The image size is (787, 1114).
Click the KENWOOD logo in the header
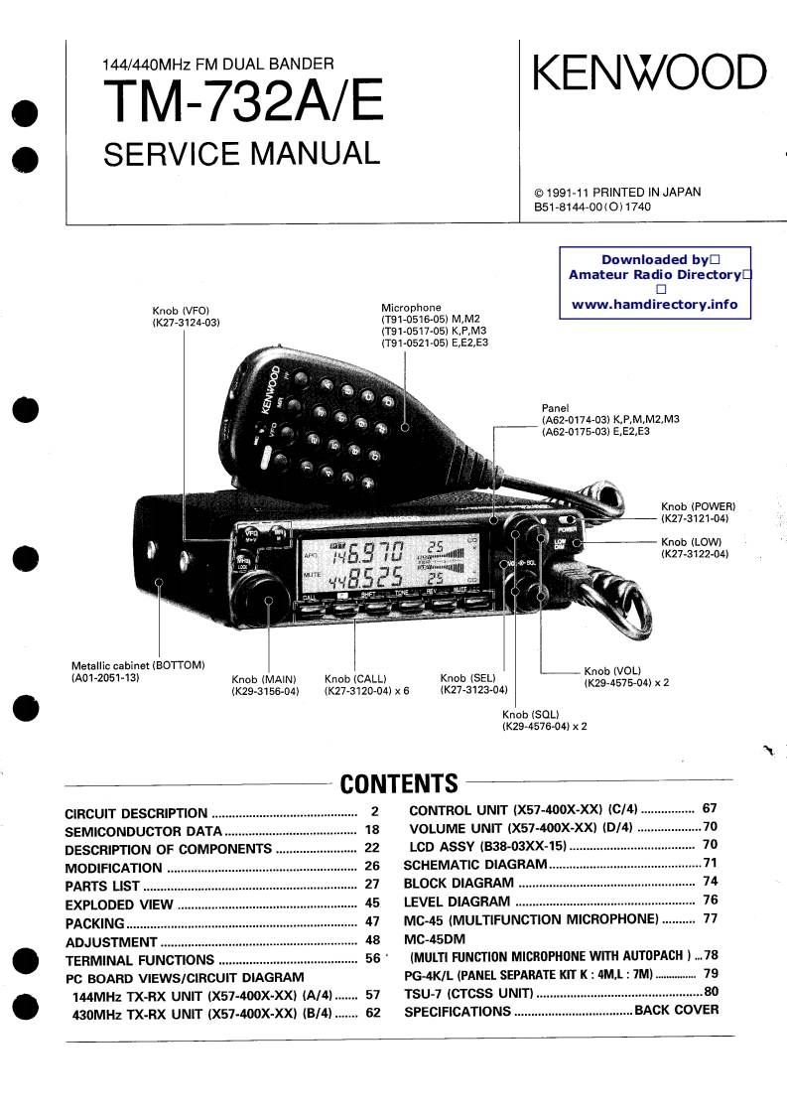[x=650, y=73]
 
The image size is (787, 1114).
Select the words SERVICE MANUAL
[x=241, y=154]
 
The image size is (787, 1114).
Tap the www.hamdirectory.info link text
[x=655, y=304]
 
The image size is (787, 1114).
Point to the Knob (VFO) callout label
[x=181, y=310]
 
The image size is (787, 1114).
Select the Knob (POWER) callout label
[x=698, y=506]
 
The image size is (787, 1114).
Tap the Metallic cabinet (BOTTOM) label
[x=137, y=665]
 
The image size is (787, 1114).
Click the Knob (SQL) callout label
[x=530, y=715]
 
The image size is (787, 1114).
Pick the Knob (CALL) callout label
[x=355, y=679]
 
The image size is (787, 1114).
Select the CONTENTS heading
[x=399, y=784]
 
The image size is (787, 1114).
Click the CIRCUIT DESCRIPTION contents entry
[x=136, y=813]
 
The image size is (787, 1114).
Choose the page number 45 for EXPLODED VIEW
[x=372, y=905]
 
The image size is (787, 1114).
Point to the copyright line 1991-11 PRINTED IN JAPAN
[x=617, y=192]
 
